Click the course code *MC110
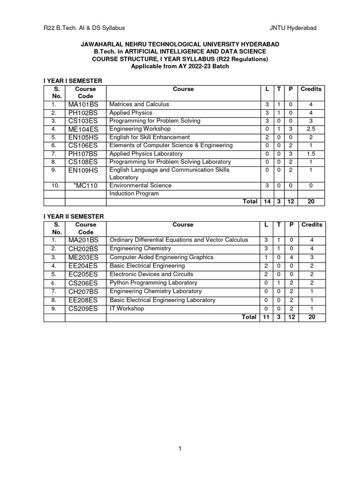[x=85, y=186]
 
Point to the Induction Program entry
[x=134, y=194]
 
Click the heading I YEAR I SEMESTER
[x=73, y=81]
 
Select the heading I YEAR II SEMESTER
[x=74, y=216]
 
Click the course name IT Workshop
[x=127, y=308]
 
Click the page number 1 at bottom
[x=180, y=449]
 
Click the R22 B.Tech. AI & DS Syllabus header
[x=84, y=28]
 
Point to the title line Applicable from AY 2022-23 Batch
[x=180, y=67]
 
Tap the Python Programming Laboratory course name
[x=153, y=283]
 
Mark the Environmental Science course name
[x=140, y=185]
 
